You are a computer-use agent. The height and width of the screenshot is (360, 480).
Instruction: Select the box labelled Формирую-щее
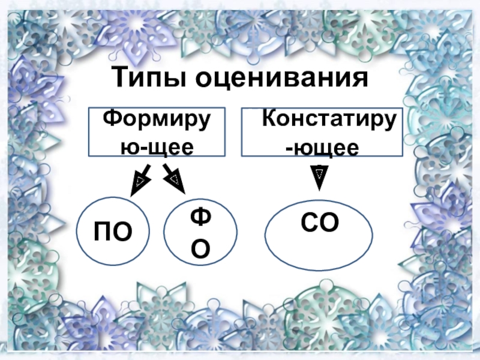tap(157, 133)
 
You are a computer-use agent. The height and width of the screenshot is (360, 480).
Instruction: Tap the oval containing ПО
tap(112, 231)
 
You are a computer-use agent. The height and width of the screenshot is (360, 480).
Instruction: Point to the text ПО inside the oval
tap(112, 231)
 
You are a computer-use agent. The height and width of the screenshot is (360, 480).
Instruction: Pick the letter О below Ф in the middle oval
tap(200, 249)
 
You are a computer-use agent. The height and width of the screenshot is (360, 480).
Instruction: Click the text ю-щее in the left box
tap(157, 146)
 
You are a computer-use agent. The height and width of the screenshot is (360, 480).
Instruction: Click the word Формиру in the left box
tap(157, 119)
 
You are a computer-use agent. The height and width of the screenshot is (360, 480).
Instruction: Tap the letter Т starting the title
tap(120, 79)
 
